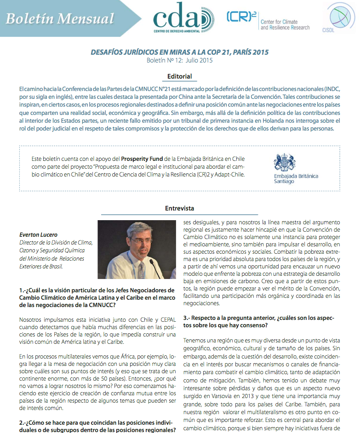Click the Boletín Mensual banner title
coord(60,19)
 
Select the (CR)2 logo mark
coord(241,17)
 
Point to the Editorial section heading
coord(180,76)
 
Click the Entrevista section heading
coord(180,208)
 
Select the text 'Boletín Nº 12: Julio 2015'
coord(180,61)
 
